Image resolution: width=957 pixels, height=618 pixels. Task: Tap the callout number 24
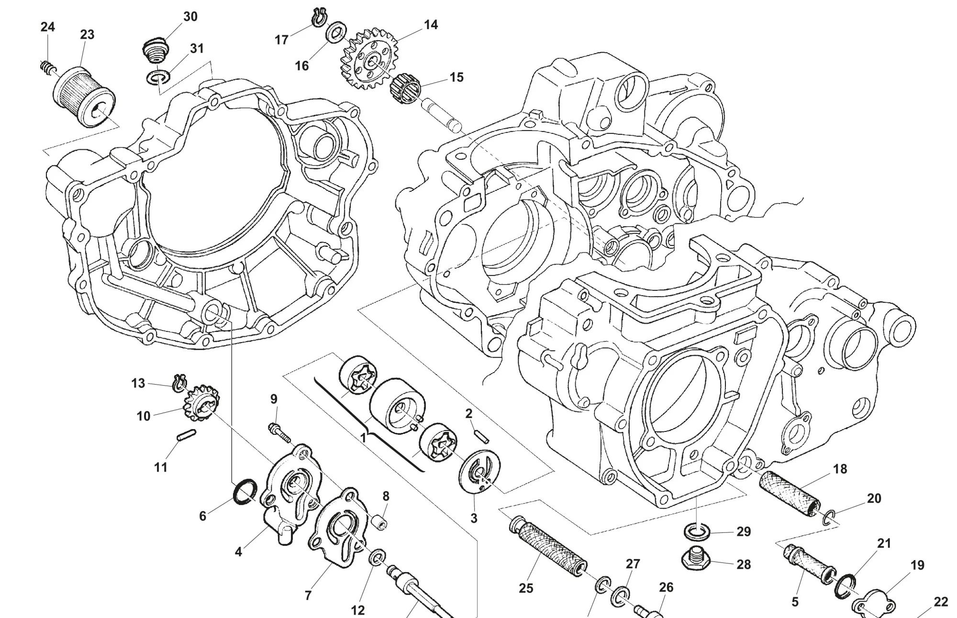pos(47,27)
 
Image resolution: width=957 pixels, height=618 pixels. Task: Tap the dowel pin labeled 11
pos(186,435)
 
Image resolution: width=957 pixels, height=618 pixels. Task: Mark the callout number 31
pos(197,48)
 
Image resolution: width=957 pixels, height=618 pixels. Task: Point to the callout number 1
pos(363,437)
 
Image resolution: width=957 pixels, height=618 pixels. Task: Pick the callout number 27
pos(633,564)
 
